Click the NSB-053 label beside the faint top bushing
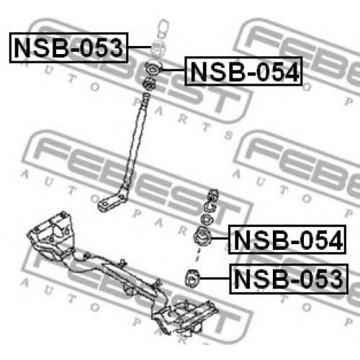click(x=68, y=48)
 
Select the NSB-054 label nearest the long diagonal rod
click(x=243, y=71)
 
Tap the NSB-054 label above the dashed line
click(x=287, y=239)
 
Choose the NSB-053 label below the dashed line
click(x=289, y=279)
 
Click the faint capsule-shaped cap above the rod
click(x=163, y=29)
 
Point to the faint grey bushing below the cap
click(x=158, y=49)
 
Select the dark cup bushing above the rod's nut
click(x=153, y=68)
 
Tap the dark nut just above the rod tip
click(x=149, y=84)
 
